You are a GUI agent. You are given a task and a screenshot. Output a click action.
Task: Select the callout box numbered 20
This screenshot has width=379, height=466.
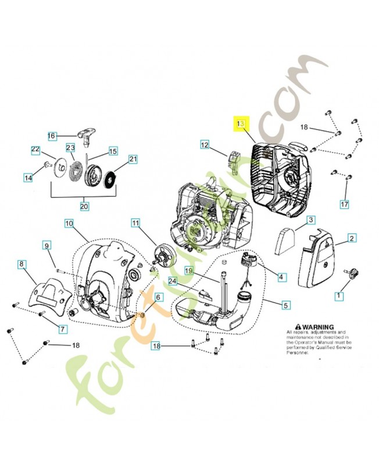pyautogui.click(x=84, y=206)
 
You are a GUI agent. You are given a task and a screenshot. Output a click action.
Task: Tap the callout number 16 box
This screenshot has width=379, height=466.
pyautogui.click(x=52, y=136)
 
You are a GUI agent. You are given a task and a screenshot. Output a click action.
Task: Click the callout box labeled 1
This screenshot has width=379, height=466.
pyautogui.click(x=338, y=296)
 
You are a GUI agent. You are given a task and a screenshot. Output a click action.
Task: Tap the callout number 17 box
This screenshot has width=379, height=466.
pyautogui.click(x=344, y=204)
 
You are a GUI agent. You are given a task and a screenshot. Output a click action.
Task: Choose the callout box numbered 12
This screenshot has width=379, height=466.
pyautogui.click(x=205, y=144)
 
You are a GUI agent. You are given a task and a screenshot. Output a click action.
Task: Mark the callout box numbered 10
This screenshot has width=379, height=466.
pyautogui.click(x=69, y=223)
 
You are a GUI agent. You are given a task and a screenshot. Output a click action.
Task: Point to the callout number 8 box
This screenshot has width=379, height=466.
pyautogui.click(x=22, y=264)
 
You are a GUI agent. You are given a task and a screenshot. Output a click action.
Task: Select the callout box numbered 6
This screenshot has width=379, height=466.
pyautogui.click(x=158, y=297)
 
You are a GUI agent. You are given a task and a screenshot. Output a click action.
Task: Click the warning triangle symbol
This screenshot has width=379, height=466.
pyautogui.click(x=298, y=327)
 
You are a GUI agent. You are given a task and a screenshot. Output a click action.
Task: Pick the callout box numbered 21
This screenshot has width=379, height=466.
pyautogui.click(x=133, y=159)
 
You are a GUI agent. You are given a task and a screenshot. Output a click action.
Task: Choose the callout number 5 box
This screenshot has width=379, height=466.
pyautogui.click(x=285, y=304)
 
